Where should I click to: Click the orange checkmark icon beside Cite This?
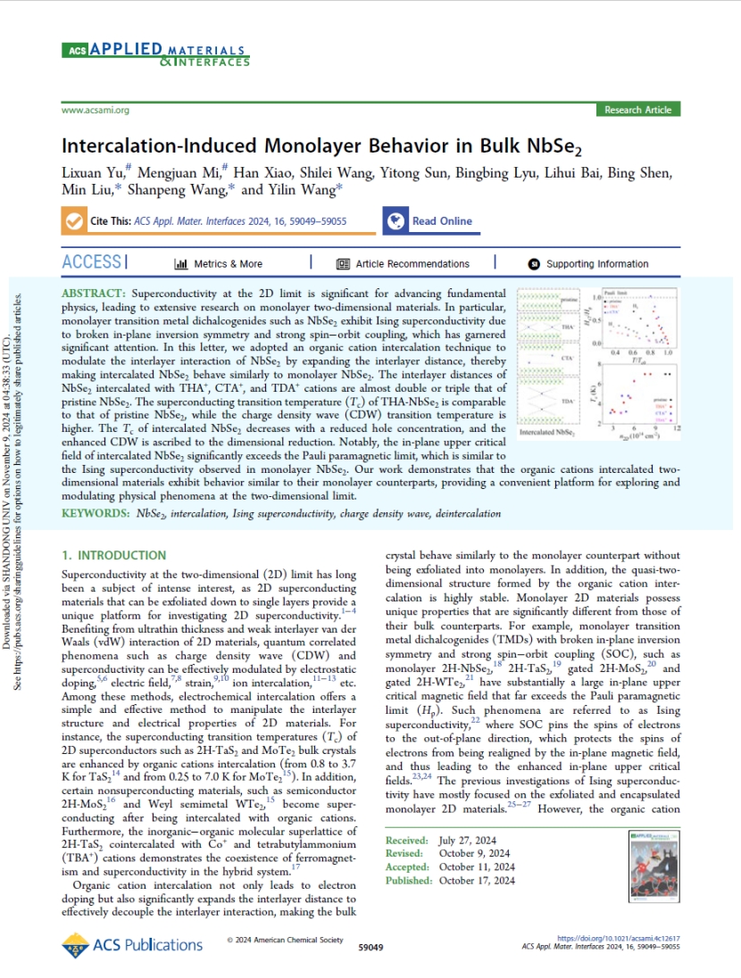[x=73, y=221]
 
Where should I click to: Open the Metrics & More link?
[x=219, y=264]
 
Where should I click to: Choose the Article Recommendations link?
[x=403, y=264]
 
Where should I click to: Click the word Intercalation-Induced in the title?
[x=155, y=146]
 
